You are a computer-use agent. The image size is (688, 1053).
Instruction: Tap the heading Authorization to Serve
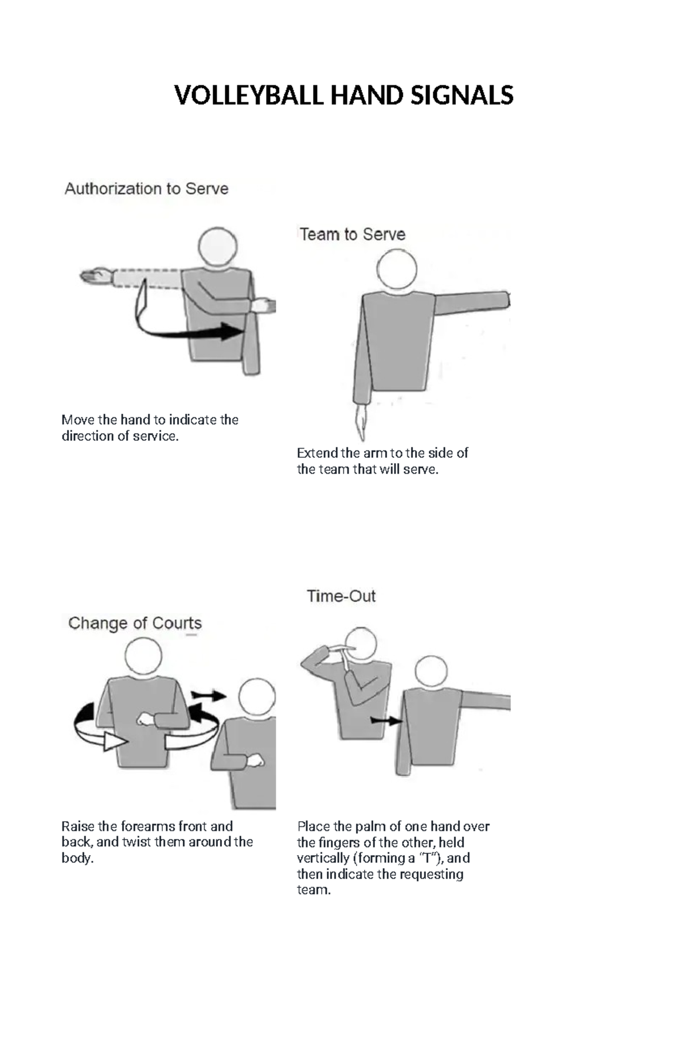click(146, 189)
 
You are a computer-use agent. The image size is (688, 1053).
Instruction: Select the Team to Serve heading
click(352, 234)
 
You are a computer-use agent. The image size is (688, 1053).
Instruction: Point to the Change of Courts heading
click(135, 623)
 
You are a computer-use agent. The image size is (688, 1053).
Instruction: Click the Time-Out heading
click(341, 596)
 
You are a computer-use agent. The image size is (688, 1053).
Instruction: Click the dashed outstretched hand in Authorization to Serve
click(95, 277)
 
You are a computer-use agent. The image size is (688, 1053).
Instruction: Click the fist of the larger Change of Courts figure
click(144, 719)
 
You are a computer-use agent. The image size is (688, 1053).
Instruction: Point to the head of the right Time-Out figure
click(431, 674)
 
